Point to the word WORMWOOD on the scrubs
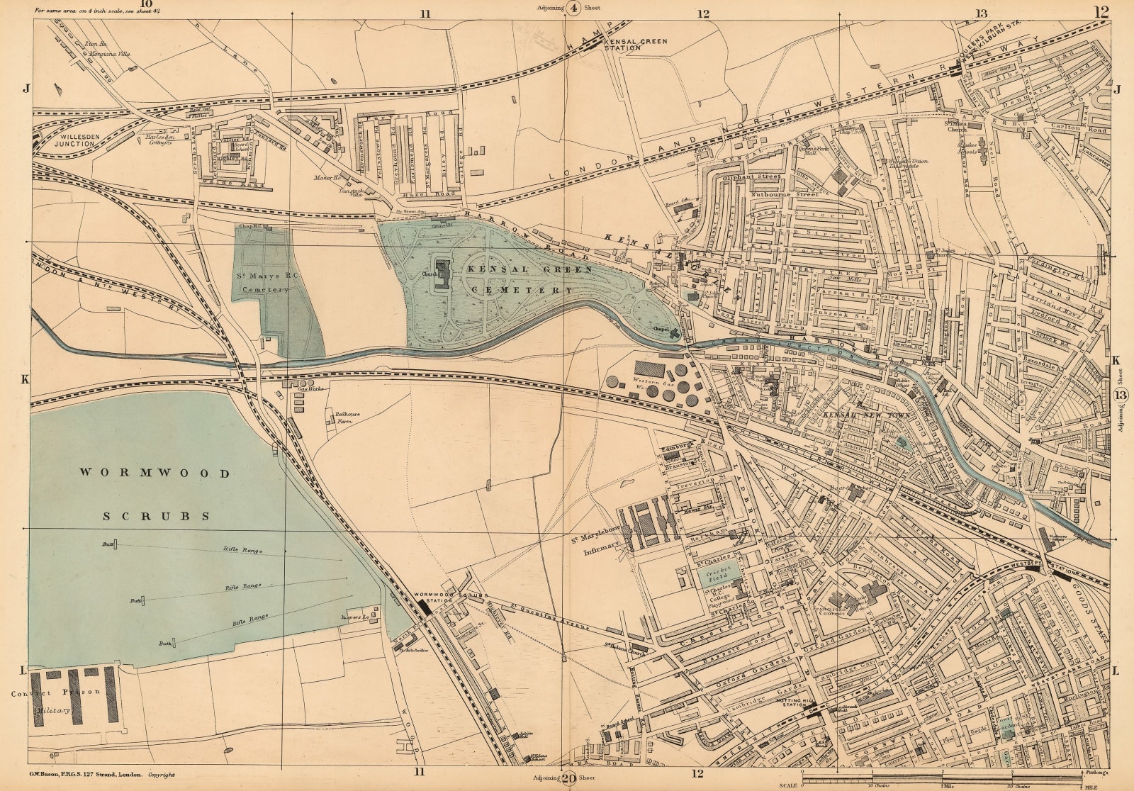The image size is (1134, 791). [x=154, y=473]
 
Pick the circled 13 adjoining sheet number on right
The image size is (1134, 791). [x=1121, y=395]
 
